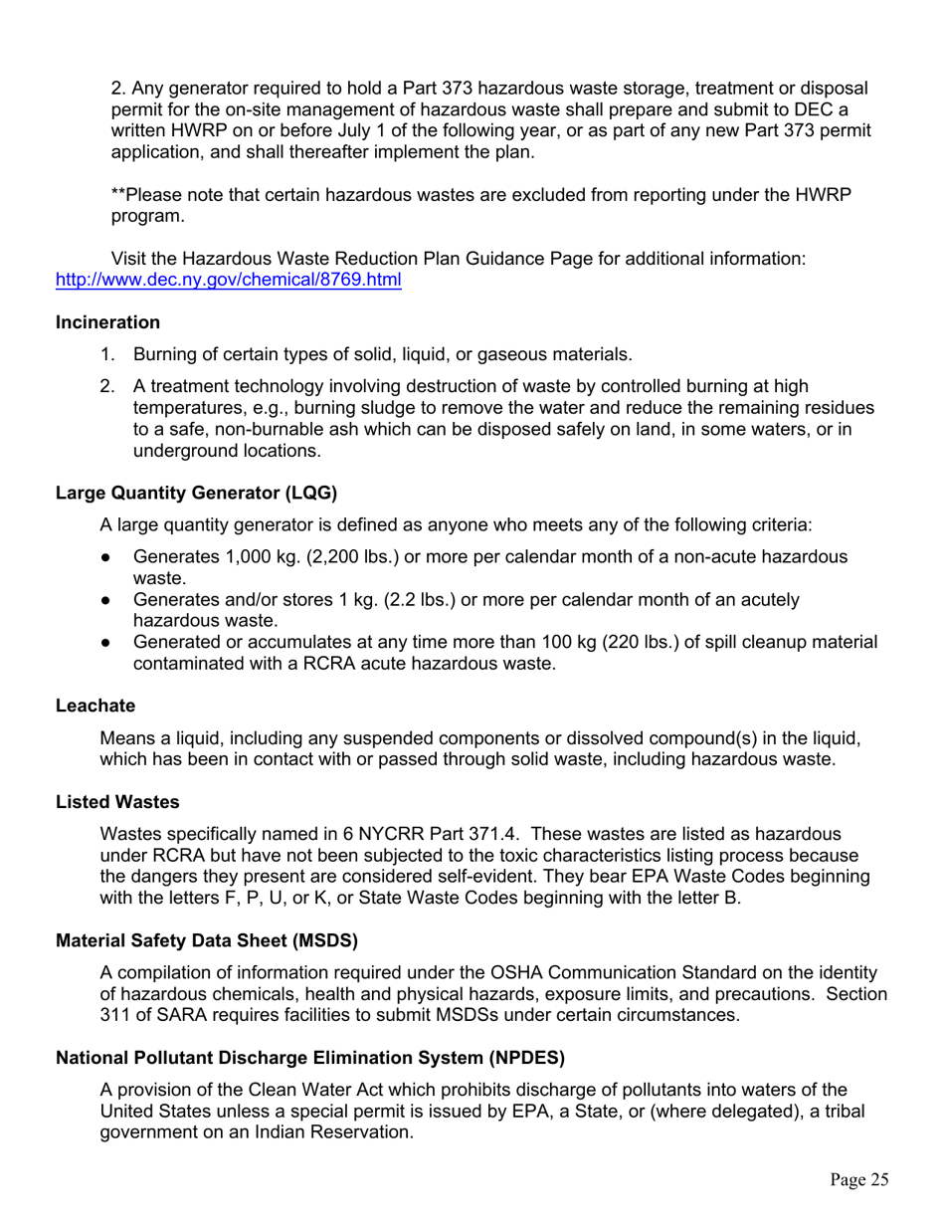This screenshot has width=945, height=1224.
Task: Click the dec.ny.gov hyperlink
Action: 228,280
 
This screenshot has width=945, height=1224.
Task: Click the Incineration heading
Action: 107,322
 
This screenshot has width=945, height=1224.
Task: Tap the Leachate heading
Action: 94,706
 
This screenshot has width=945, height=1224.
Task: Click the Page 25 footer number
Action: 859,1180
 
